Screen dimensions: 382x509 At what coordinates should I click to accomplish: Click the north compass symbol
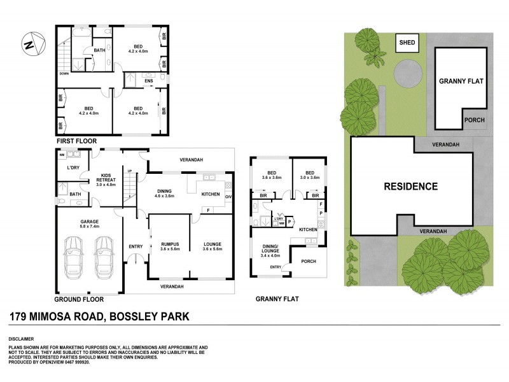pos(31,44)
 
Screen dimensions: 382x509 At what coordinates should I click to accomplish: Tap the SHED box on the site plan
pos(407,43)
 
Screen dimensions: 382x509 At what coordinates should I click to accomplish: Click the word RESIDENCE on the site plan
pos(410,187)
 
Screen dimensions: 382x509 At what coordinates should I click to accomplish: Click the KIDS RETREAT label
pos(106,180)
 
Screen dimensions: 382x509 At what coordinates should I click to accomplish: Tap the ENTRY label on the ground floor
pos(136,247)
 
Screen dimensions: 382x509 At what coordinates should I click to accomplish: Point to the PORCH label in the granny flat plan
pos(308,261)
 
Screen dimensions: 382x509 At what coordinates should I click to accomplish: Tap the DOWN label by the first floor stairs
pos(64,73)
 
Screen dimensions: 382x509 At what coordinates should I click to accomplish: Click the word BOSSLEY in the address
pos(137,316)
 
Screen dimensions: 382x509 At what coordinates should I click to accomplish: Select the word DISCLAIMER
pos(22,338)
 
